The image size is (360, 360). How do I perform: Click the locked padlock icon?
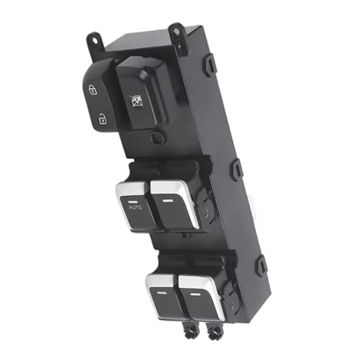93,90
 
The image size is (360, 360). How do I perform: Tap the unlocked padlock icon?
102,119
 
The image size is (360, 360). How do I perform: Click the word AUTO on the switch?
135,207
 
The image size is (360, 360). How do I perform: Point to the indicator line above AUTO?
132,202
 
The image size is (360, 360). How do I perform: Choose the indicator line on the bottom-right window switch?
195,294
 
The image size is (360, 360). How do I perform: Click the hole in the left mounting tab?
95,40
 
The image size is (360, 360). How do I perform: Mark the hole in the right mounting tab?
176,31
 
